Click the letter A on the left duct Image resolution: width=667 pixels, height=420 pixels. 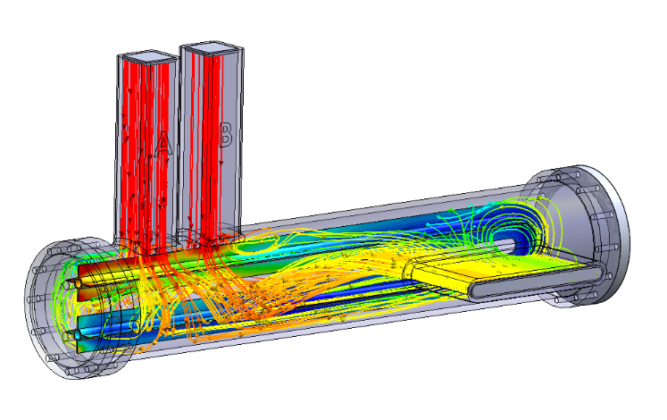pos(162,145)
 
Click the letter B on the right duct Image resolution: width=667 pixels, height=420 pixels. pos(225,135)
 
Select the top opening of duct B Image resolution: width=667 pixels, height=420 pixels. pos(213,47)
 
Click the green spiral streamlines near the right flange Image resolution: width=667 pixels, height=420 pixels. pos(487,223)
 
